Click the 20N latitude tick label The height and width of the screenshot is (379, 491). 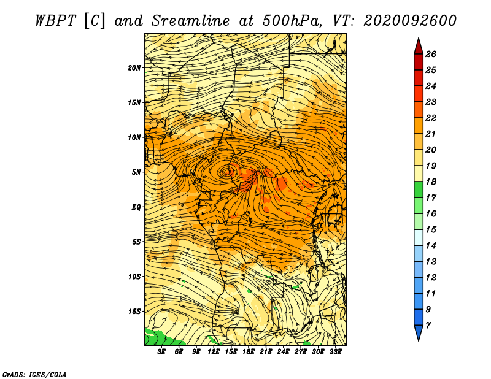point(134,67)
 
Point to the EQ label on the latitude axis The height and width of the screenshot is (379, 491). point(136,207)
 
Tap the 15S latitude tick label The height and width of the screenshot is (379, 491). point(134,312)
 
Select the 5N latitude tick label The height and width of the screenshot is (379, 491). point(136,172)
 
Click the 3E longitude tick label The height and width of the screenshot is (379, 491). point(161,352)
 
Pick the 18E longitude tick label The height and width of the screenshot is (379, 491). point(248,352)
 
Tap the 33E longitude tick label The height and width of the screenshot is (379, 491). point(335,352)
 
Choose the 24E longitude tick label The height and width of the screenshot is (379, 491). point(283,352)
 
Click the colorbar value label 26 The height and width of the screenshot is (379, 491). point(431,54)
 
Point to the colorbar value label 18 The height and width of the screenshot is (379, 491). point(431,182)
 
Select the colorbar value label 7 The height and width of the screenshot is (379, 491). point(428,326)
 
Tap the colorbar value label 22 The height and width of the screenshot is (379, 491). point(431,118)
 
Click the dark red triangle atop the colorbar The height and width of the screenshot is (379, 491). point(419,47)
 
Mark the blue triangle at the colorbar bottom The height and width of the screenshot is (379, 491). point(419,332)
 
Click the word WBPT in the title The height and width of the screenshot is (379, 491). point(56,21)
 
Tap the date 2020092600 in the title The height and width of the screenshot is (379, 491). point(410,21)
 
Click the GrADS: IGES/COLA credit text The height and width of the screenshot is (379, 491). point(34,374)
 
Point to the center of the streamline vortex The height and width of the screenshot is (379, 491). point(228,172)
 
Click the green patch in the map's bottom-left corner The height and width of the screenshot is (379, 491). point(160,338)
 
